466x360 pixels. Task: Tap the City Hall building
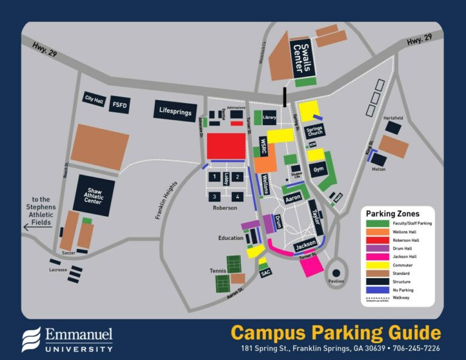(95, 99)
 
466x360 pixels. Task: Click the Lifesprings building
(175, 111)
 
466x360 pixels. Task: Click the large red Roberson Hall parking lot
(226, 146)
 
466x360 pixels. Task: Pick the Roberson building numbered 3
(214, 197)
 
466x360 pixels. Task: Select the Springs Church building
(314, 131)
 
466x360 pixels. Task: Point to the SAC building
(265, 273)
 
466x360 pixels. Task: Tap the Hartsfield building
(393, 127)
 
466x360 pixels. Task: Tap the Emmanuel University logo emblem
(32, 339)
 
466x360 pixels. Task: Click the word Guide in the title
(413, 333)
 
